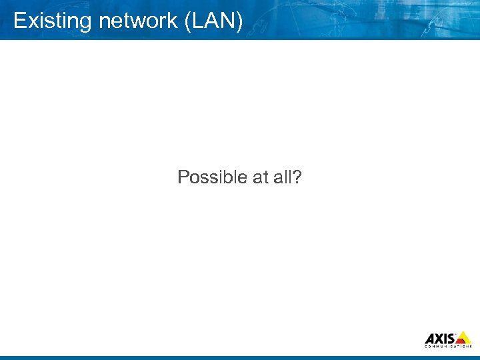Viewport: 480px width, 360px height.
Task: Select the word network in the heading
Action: [x=137, y=21]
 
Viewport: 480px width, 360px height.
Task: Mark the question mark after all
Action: [x=297, y=177]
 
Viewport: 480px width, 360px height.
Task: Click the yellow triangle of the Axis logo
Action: [x=463, y=336]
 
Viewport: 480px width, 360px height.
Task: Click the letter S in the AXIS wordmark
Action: [x=451, y=339]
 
